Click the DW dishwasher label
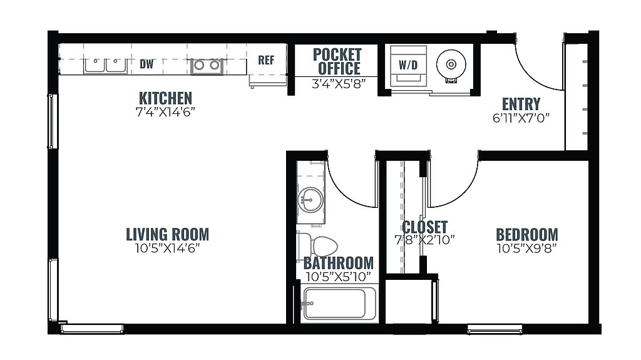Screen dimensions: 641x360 click(x=146, y=64)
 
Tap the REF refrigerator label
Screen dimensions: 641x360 click(x=266, y=60)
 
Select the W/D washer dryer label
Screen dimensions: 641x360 click(x=408, y=65)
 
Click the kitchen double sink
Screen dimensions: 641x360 click(x=105, y=66)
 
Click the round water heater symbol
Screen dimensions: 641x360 click(x=451, y=64)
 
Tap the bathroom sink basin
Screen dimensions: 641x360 click(x=310, y=200)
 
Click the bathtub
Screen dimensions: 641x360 click(x=339, y=304)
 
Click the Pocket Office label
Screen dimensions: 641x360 click(x=337, y=61)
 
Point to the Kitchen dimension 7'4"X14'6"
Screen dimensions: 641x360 click(x=165, y=111)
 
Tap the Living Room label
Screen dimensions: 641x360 click(x=168, y=234)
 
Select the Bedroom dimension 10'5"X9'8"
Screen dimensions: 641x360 click(x=527, y=248)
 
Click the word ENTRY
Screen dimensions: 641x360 click(x=521, y=104)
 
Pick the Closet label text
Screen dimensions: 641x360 click(x=425, y=227)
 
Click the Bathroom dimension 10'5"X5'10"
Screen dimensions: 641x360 click(x=338, y=277)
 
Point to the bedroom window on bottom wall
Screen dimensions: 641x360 click(x=495, y=329)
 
